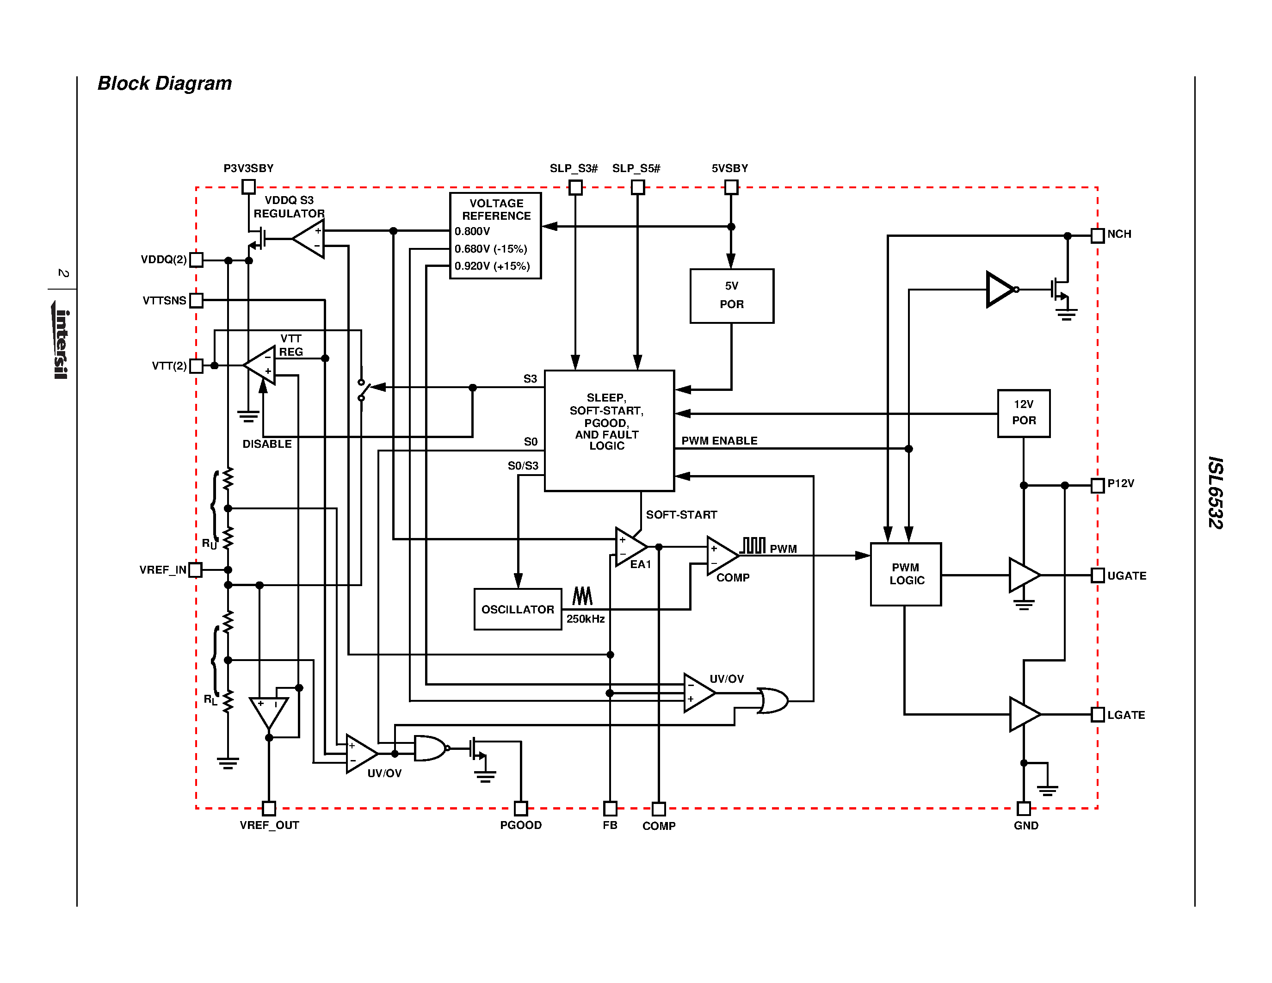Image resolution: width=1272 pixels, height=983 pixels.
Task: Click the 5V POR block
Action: [x=732, y=296]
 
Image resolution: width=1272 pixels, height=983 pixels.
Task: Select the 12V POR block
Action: [x=1023, y=413]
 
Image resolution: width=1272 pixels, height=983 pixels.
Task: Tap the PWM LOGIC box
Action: [x=906, y=574]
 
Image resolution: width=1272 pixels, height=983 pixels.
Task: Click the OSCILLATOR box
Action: [x=517, y=609]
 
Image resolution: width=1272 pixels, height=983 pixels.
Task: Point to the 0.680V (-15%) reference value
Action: [x=490, y=249]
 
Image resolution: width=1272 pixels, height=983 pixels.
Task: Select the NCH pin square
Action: [x=1097, y=235]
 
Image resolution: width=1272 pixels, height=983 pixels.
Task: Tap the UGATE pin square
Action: [x=1097, y=575]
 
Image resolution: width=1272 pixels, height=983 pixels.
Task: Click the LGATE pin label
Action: [x=1126, y=715]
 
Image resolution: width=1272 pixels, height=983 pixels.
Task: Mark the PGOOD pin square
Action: [x=521, y=808]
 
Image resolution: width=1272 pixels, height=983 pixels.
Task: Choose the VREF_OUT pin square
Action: [x=268, y=808]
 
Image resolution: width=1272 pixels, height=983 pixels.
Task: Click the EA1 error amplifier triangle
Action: [x=629, y=547]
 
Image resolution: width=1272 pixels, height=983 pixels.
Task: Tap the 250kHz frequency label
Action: [x=585, y=619]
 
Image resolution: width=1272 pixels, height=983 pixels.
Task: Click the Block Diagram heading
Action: [x=164, y=83]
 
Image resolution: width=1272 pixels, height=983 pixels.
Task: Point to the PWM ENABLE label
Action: [x=719, y=441]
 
